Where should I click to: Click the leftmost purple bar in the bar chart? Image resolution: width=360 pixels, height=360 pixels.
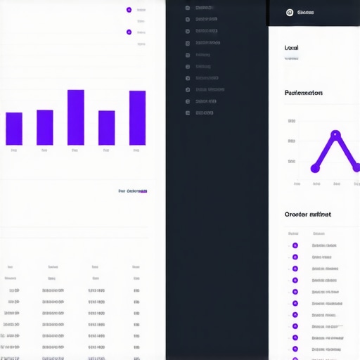click(14, 129)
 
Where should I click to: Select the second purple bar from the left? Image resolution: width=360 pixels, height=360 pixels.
click(45, 127)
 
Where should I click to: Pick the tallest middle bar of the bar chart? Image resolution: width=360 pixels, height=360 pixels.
click(76, 117)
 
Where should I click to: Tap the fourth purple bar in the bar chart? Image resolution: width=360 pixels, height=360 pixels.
click(107, 128)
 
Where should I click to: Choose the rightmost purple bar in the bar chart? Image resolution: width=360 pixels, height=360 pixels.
click(138, 118)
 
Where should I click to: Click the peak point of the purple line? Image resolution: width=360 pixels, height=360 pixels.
click(335, 134)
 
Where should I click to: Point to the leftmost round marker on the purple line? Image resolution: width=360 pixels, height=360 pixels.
click(315, 168)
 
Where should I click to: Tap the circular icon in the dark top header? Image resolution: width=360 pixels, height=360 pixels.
click(289, 12)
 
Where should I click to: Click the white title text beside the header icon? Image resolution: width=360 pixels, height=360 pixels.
click(306, 12)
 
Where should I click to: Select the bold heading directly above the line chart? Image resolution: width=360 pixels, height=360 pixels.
click(304, 92)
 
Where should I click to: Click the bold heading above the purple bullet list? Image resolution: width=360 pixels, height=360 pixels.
click(307, 214)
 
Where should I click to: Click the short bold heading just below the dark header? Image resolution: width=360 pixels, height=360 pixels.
click(292, 48)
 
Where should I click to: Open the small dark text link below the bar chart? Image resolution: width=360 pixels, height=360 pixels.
click(133, 191)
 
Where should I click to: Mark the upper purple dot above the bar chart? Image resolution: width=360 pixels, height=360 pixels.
click(129, 10)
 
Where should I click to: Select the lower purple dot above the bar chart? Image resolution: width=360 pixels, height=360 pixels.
click(129, 32)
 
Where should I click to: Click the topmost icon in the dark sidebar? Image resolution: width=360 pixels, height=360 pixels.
click(188, 8)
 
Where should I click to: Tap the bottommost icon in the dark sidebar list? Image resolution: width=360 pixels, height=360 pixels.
click(188, 112)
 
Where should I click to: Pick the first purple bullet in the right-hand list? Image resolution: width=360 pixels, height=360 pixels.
click(295, 245)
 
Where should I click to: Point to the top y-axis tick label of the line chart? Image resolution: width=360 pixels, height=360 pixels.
click(292, 121)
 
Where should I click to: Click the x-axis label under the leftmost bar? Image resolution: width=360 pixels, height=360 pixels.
click(14, 150)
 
